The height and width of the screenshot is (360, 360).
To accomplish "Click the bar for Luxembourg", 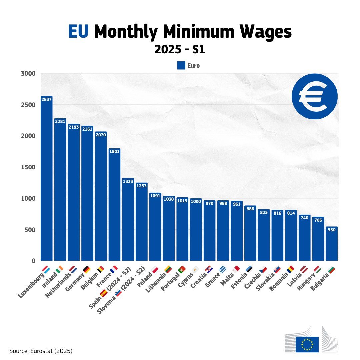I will pyautogui.click(x=47, y=180).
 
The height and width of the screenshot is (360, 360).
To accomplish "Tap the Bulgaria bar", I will pyautogui.click(x=332, y=245).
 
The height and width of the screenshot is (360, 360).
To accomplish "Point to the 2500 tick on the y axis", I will pyautogui.click(x=28, y=105).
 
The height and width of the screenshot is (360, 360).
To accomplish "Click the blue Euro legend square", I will pyautogui.click(x=181, y=66).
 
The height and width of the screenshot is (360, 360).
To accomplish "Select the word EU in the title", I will pyautogui.click(x=79, y=32).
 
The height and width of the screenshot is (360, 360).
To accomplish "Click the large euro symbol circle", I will pyautogui.click(x=314, y=96).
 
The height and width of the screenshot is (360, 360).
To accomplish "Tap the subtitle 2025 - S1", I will pyautogui.click(x=180, y=50).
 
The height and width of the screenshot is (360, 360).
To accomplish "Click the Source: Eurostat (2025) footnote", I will pyautogui.click(x=41, y=351).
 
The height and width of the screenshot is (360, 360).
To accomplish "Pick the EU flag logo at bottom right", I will pyautogui.click(x=307, y=344).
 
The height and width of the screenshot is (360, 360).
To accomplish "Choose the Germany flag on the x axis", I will pyautogui.click(x=87, y=269).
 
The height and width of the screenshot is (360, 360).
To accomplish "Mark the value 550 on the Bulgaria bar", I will pyautogui.click(x=332, y=230).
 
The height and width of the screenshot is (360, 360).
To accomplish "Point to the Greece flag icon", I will pyautogui.click(x=222, y=269).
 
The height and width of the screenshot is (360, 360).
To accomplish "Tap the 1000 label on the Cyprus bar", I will pyautogui.click(x=196, y=201).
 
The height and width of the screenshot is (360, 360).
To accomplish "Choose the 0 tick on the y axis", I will pyautogui.click(x=33, y=261).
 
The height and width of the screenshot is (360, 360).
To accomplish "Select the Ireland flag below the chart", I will pyautogui.click(x=59, y=269).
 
